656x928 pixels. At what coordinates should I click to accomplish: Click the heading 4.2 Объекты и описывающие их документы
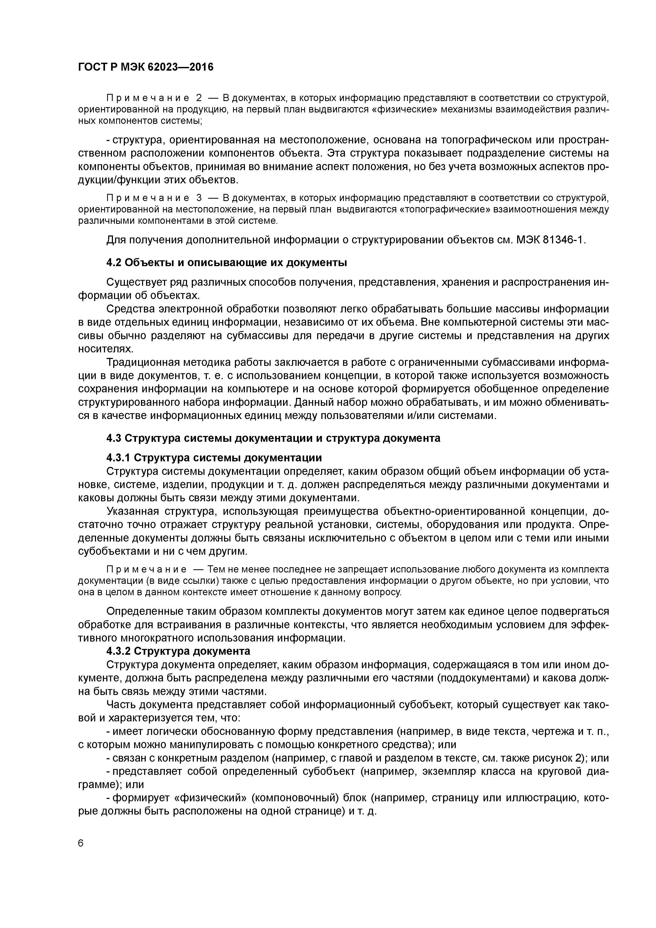(226, 263)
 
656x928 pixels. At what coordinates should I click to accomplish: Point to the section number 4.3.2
(118, 651)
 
